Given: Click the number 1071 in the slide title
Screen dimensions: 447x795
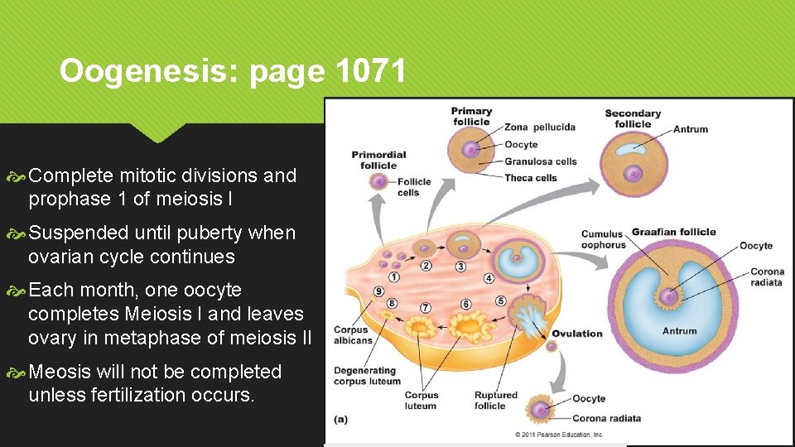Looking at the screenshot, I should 372,72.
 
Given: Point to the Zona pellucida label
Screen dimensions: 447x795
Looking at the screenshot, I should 540,127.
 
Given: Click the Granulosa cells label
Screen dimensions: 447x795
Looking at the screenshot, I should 540,161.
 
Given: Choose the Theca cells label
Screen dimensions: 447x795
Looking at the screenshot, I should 531,178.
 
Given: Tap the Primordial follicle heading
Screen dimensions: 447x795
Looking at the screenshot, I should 378,160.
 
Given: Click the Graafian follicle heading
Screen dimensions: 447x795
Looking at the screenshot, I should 673,233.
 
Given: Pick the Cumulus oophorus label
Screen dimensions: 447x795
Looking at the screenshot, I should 603,239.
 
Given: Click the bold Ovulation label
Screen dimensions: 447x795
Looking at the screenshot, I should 577,334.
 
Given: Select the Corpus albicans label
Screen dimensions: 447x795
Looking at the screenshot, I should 353,335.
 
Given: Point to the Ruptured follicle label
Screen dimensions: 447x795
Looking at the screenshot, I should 495,401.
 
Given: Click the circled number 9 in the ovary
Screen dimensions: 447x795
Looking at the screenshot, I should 378,291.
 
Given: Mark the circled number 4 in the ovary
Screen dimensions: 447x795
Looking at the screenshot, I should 489,279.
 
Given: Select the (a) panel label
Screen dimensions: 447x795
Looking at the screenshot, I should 340,420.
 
